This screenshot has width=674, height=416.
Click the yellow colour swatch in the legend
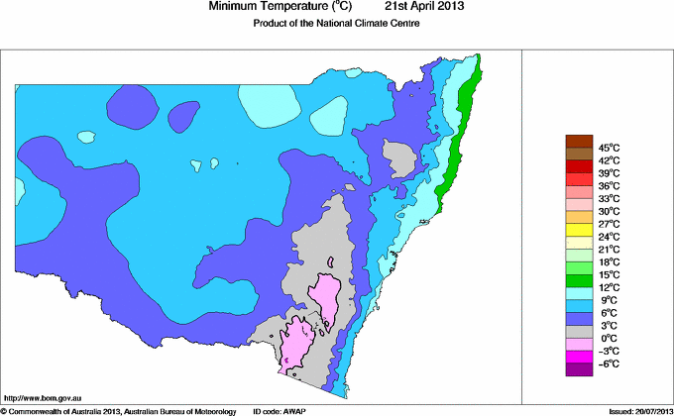(x=578, y=230)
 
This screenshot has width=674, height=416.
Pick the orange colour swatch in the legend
(x=578, y=217)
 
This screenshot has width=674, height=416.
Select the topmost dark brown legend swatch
(x=578, y=141)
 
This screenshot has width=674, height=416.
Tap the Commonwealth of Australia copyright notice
(x=118, y=410)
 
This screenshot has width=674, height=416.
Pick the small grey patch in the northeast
(x=399, y=156)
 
